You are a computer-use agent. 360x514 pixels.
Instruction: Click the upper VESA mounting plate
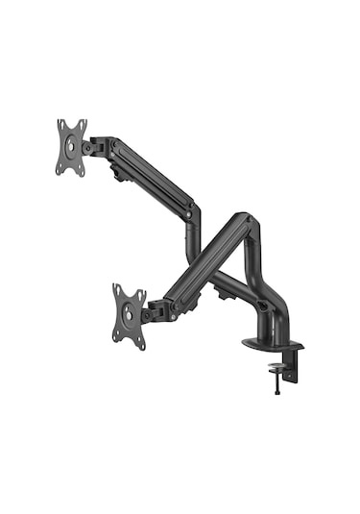point(71,147)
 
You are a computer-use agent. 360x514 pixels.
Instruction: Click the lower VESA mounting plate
point(129,315)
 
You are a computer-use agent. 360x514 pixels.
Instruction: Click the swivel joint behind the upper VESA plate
point(97,146)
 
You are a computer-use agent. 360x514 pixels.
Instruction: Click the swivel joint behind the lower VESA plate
point(154,311)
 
